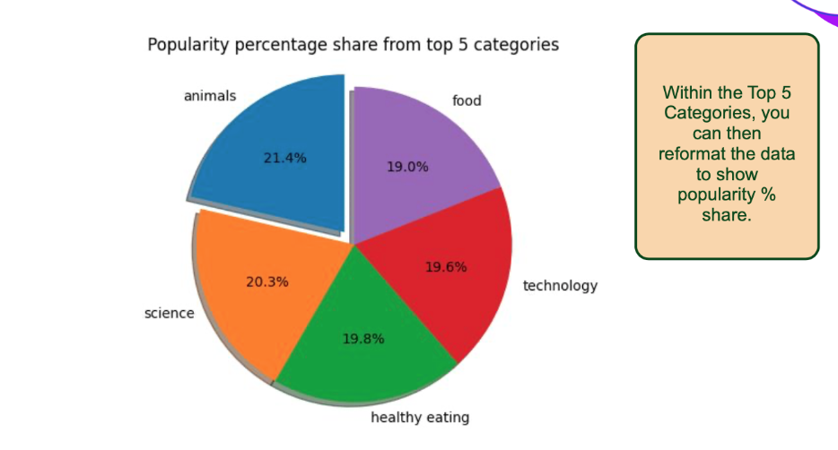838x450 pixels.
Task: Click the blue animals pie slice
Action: [278, 155]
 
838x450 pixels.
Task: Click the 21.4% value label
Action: [284, 158]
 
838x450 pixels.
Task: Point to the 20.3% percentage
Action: [267, 281]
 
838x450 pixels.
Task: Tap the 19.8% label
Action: [363, 339]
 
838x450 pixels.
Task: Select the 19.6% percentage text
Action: [446, 267]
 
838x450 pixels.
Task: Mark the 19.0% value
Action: [407, 167]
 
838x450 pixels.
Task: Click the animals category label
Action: [210, 96]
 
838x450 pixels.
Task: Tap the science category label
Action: [170, 314]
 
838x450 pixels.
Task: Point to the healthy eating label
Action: [420, 418]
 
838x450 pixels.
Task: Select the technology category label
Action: [560, 286]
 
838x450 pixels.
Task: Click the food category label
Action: [467, 101]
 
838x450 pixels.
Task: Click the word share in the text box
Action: [727, 215]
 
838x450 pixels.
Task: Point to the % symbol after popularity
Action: [769, 195]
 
